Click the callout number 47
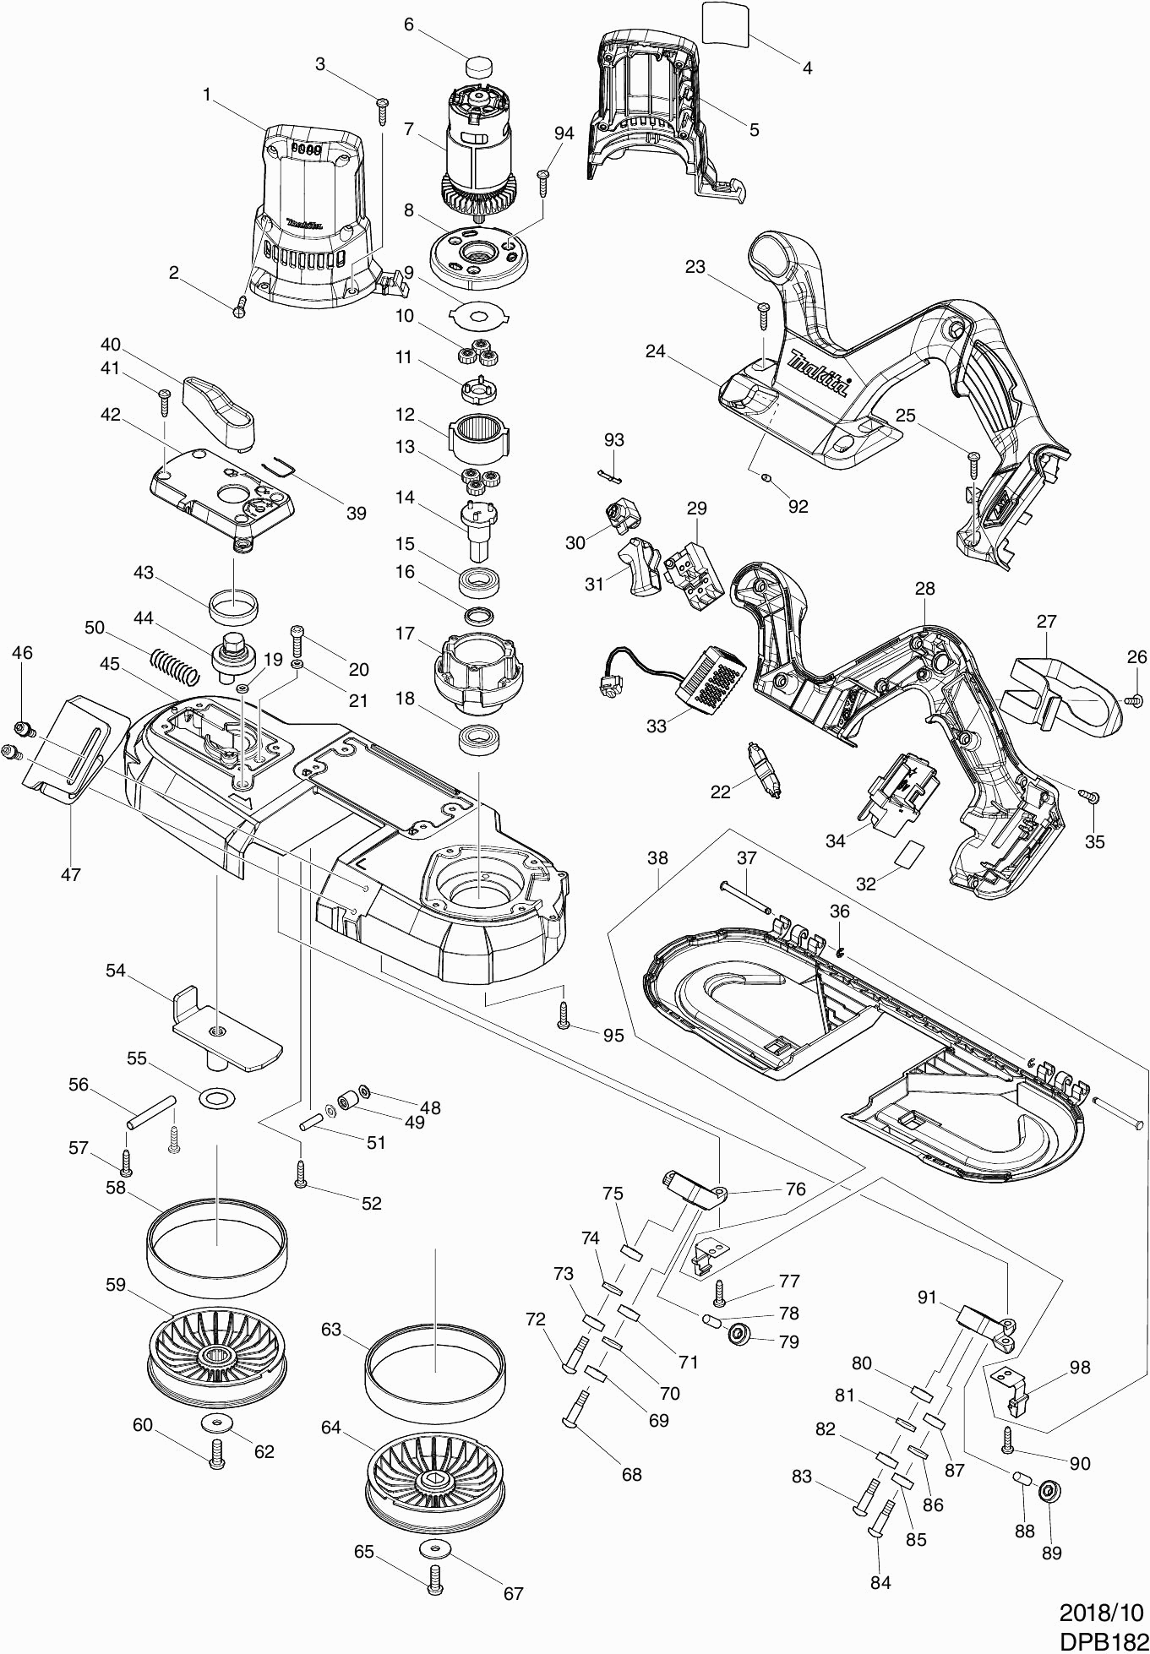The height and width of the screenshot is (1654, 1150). coord(71,874)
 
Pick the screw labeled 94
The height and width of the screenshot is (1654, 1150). coord(544,176)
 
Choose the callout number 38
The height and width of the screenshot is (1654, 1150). coord(657,858)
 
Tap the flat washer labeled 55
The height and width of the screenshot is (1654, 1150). coord(217,1098)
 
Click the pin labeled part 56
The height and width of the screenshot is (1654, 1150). coord(151,1112)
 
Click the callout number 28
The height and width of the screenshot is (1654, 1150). coord(924,588)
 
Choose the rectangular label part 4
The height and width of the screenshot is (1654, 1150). coord(726,22)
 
